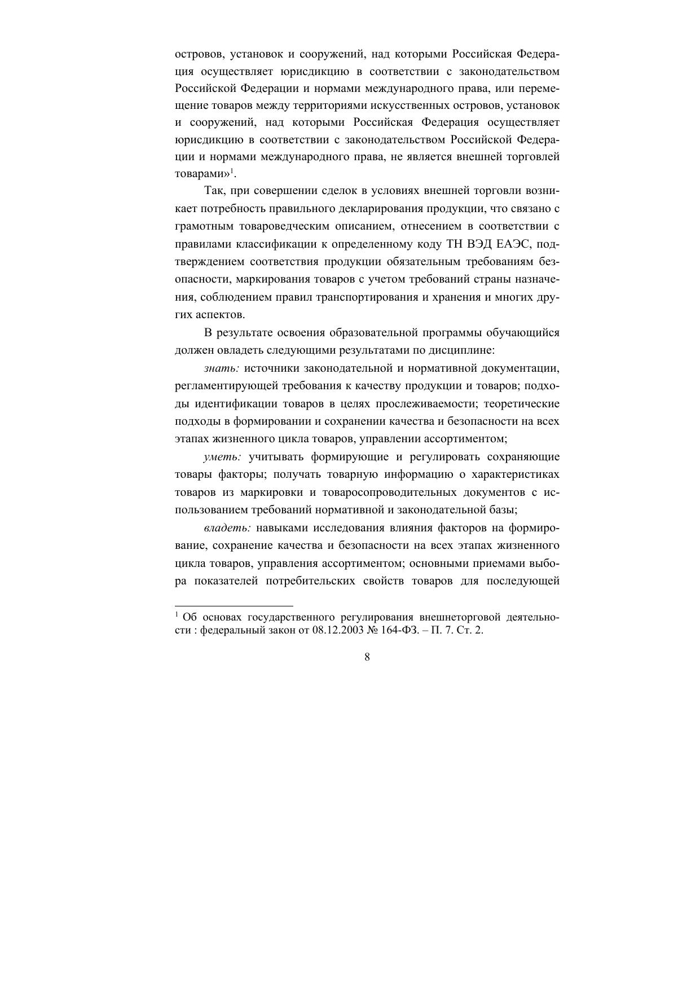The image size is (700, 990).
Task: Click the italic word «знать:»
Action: pyautogui.click(x=222, y=368)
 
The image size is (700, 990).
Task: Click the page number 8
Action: pyautogui.click(x=367, y=657)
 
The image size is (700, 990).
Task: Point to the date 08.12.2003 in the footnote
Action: pyautogui.click(x=336, y=631)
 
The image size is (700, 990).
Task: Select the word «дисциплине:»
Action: pyautogui.click(x=466, y=350)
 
